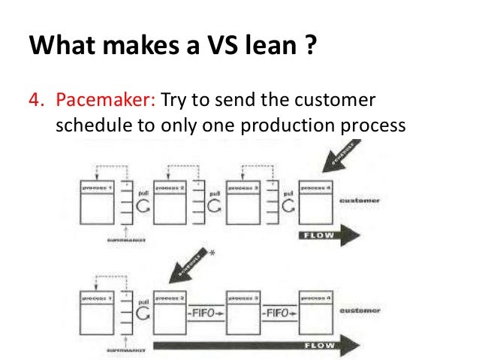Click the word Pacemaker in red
coord(93,101)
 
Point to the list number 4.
coord(35,101)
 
